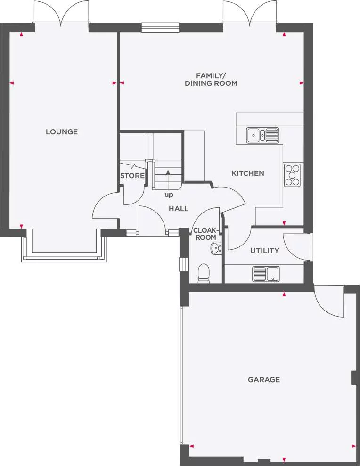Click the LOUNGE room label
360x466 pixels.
click(x=62, y=132)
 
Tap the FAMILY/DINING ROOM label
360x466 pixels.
click(x=211, y=79)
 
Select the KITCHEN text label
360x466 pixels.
click(x=247, y=173)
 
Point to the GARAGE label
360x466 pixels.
click(x=264, y=379)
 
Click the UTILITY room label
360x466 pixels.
click(x=264, y=251)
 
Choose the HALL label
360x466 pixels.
click(x=179, y=209)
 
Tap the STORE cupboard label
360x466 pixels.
click(x=132, y=176)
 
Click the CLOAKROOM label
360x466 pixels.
click(x=205, y=234)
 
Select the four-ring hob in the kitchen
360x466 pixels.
click(x=293, y=175)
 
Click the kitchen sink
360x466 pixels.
click(x=262, y=135)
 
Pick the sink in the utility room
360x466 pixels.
click(x=266, y=274)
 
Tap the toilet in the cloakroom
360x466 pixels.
click(x=204, y=273)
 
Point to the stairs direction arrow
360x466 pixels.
click(x=168, y=180)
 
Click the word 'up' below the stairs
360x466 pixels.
click(x=168, y=195)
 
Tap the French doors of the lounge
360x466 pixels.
click(x=61, y=13)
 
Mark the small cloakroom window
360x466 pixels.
click(x=181, y=264)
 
